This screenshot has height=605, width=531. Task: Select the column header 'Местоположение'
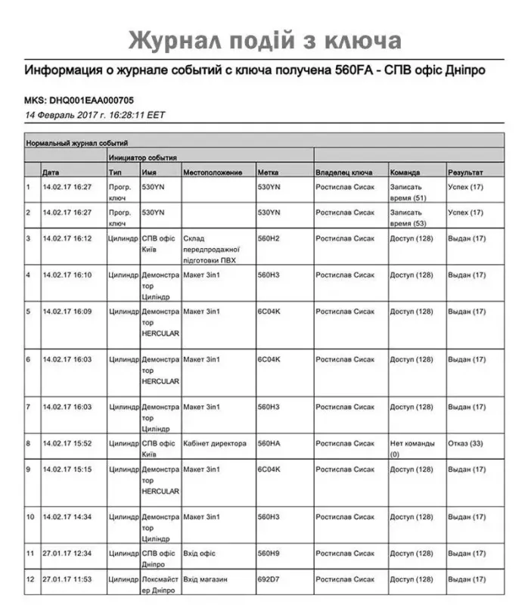coord(213,173)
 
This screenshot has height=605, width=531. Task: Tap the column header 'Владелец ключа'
coord(343,173)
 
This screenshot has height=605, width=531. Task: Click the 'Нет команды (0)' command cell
coord(411,449)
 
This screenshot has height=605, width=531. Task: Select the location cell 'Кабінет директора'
coord(215,444)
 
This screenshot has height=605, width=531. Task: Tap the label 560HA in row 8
coord(269,444)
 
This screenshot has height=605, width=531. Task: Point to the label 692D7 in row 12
coord(269,580)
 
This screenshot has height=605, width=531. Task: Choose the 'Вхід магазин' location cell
coord(206,580)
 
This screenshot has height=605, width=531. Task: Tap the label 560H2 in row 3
coord(269,238)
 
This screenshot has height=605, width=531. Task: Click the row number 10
coord(31,517)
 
